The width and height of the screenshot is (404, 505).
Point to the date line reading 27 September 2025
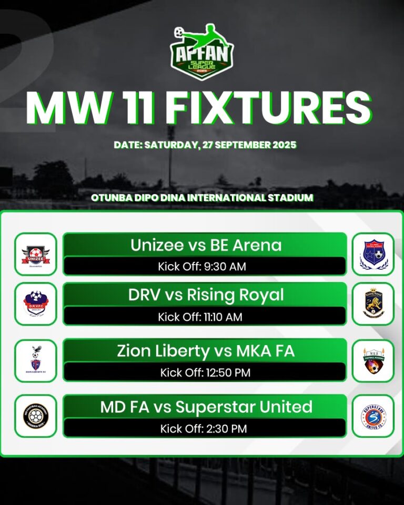pos(205,145)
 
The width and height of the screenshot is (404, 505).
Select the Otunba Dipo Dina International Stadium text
pos(202,198)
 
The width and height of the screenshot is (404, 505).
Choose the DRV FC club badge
pos(36,304)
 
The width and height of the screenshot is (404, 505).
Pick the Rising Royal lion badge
pos(373,304)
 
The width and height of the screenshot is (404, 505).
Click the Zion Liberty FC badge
pos(36,360)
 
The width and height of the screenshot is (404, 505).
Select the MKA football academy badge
pos(373,360)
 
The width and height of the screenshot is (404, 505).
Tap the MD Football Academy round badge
pos(36,416)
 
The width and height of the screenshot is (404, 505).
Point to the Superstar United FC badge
pos(373,416)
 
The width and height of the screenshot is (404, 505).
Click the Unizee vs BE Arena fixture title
pos(206,245)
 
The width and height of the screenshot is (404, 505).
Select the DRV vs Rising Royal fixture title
pos(206,295)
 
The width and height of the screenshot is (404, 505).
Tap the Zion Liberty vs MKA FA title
pos(206,351)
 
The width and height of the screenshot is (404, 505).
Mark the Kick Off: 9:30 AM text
pos(202,267)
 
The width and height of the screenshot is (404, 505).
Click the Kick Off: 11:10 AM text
pos(202,317)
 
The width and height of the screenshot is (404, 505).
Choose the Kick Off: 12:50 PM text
pos(205,373)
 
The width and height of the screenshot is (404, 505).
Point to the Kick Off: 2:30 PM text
pos(204,429)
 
